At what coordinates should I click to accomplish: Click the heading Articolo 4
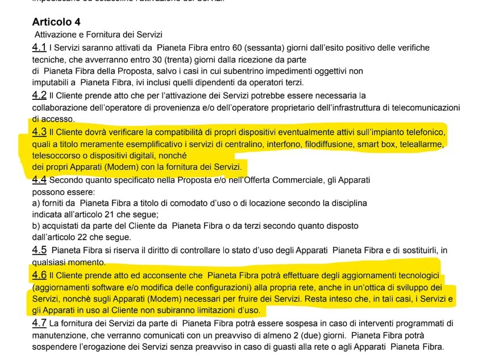(56, 22)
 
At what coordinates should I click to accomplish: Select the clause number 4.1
(39, 48)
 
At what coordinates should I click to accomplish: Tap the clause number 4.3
(39, 132)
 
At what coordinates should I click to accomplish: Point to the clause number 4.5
(39, 250)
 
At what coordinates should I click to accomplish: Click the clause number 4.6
(39, 275)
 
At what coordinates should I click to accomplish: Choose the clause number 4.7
(39, 324)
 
